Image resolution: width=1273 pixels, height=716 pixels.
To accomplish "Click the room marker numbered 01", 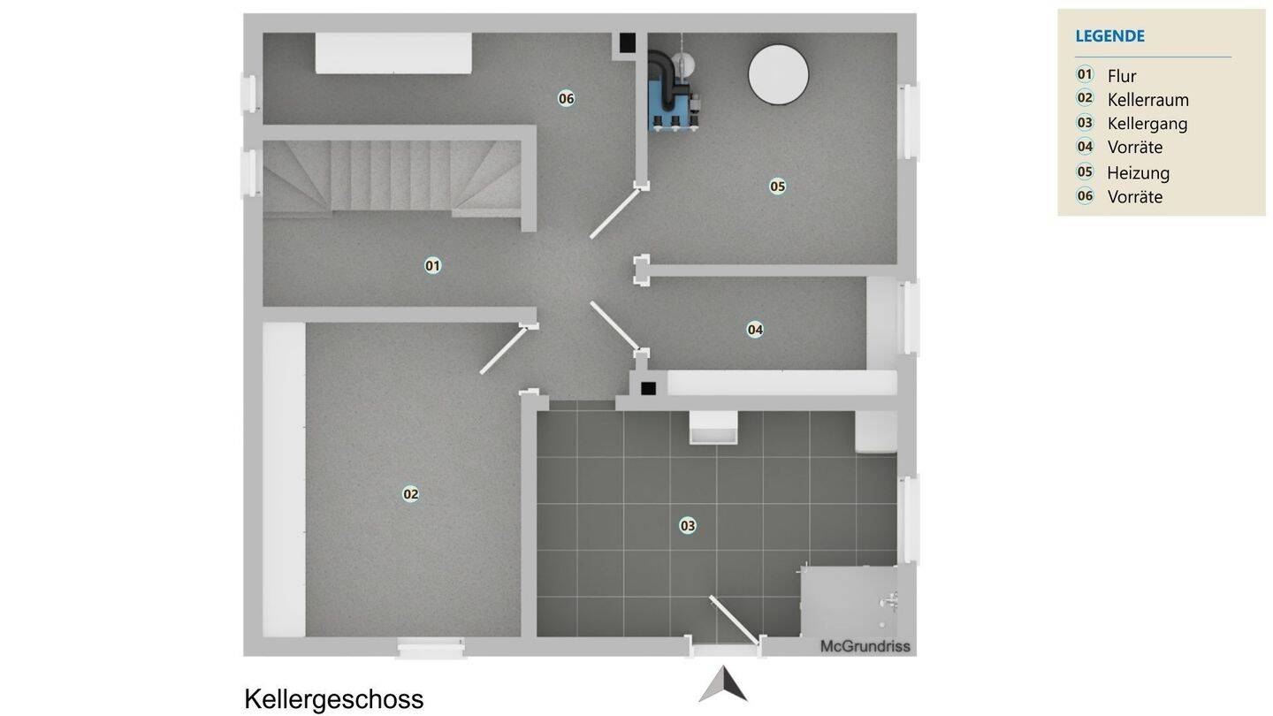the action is point(432,265).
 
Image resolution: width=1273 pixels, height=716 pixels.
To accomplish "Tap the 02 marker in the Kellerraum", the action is point(410,494).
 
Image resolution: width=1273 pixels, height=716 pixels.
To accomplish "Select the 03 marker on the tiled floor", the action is point(688,526).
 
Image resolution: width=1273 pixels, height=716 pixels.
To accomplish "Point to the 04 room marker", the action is point(755,330).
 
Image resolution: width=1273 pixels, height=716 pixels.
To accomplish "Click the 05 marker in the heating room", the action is point(777,187).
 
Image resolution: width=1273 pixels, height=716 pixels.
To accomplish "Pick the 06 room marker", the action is point(566,98).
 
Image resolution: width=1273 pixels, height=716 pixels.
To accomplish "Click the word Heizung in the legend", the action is point(1138,172).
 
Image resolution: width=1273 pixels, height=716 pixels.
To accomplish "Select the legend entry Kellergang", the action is point(1147,124).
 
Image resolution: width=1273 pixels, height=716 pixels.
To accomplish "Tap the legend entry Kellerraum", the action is point(1147,100).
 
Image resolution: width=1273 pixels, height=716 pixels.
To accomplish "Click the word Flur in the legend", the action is point(1121,76).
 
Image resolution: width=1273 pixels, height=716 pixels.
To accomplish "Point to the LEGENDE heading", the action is point(1109,36).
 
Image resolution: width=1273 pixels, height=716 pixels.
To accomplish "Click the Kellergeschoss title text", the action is point(333,699).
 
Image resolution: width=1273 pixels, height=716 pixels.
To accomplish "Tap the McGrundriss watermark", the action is point(865,646).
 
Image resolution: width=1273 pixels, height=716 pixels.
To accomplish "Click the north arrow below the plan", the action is point(723,685).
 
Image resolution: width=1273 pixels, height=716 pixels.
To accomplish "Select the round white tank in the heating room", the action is point(778,74).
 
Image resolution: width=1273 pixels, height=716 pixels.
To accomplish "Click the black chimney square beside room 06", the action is point(627,42).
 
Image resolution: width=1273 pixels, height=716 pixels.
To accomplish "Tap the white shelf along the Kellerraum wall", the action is point(284,479).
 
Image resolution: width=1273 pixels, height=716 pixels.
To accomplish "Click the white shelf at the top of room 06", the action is point(393,54).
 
